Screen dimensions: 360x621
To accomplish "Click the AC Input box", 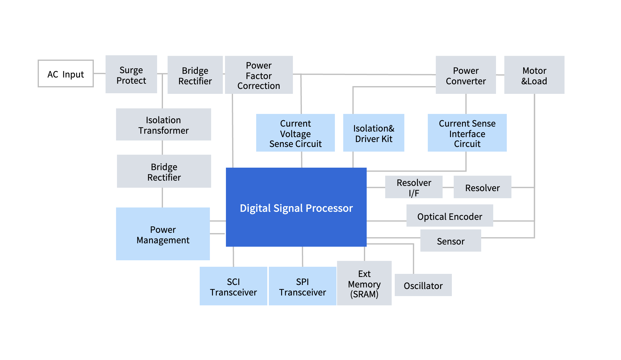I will coord(65,74).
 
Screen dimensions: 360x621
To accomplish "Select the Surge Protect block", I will coord(131,74).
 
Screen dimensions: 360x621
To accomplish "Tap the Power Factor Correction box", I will coord(259,75).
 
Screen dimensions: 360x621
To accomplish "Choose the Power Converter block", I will coord(465,75).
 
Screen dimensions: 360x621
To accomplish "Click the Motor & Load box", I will coord(534,75).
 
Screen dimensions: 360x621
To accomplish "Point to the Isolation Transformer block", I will coord(163,124).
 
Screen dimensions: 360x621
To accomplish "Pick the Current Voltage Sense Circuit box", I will coord(295,133).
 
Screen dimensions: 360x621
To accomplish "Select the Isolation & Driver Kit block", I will coord(373,133).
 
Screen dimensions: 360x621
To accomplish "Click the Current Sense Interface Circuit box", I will coord(467,133).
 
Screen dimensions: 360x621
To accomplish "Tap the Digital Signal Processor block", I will coord(296,207).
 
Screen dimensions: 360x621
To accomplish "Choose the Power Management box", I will coord(163,234).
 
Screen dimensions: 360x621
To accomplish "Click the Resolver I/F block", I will coord(414,187).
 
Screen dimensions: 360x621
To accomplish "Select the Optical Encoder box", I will coord(449,216).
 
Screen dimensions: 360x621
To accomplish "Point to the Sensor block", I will coord(450,241).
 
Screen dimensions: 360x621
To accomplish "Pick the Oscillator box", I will coord(423,285).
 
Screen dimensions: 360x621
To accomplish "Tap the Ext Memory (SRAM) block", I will coord(364,283).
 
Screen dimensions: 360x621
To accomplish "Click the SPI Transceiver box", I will coord(302,286).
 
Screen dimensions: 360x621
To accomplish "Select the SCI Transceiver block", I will coord(233,286).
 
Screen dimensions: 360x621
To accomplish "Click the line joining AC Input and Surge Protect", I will coord(99,73).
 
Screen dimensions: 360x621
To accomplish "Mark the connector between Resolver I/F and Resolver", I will coord(448,187).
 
